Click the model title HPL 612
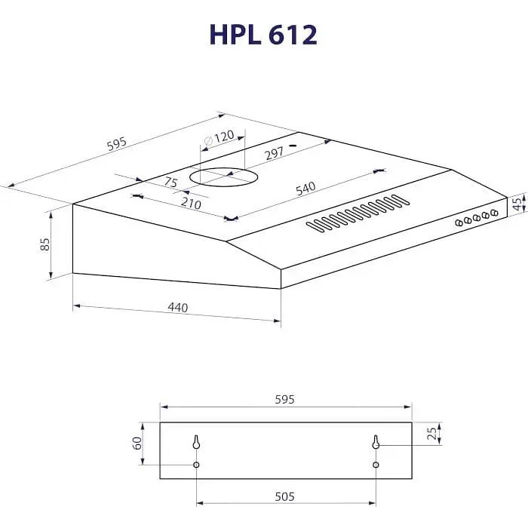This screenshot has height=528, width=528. click(x=263, y=35)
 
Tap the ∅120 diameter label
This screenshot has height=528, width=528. click(x=221, y=138)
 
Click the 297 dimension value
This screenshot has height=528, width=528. click(x=274, y=153)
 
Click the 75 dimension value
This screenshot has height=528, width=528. click(x=170, y=182)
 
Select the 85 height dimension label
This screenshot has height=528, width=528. click(x=45, y=244)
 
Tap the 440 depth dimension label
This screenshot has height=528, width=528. click(x=177, y=307)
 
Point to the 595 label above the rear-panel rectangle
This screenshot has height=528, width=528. click(x=285, y=399)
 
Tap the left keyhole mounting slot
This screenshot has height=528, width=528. click(x=196, y=442)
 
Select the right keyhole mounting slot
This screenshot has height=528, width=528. click(x=376, y=442)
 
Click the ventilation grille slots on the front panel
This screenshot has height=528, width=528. click(x=358, y=213)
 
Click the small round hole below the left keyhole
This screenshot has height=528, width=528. click(x=196, y=465)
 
